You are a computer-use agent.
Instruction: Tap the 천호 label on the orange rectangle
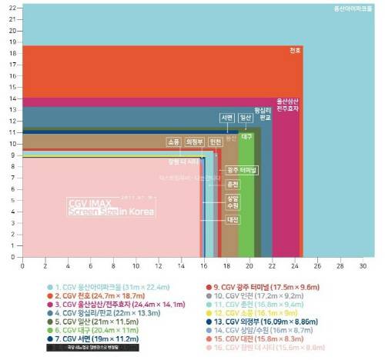295,51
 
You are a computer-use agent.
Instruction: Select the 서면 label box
226,118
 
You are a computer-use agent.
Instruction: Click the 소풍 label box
174,142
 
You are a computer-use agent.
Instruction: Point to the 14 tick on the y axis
12,98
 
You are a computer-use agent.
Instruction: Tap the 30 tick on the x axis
362,265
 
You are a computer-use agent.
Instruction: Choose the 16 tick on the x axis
203,265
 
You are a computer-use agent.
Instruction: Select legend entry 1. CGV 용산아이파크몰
101,286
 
